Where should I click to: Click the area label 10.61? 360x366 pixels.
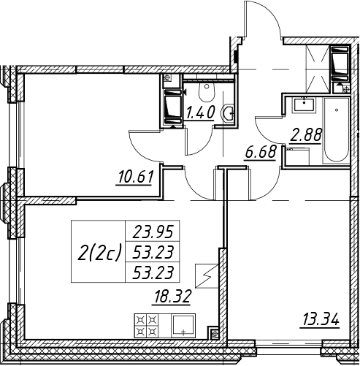135,177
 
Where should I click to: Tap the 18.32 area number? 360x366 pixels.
171,297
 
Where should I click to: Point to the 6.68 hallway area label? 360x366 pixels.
261,152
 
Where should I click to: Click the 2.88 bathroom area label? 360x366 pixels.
306,134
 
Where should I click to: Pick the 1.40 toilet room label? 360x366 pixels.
200,113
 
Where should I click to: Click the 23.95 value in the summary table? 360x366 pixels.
153,232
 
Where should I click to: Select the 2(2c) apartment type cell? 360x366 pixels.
99,252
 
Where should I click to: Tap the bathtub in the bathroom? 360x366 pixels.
336,131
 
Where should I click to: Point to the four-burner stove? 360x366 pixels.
147,325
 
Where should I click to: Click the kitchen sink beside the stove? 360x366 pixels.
183,325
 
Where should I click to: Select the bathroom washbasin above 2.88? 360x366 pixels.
305,104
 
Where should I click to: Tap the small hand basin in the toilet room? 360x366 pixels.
227,113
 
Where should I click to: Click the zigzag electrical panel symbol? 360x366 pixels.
207,276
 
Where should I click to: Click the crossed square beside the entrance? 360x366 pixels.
318,69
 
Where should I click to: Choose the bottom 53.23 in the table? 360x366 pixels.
153,272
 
